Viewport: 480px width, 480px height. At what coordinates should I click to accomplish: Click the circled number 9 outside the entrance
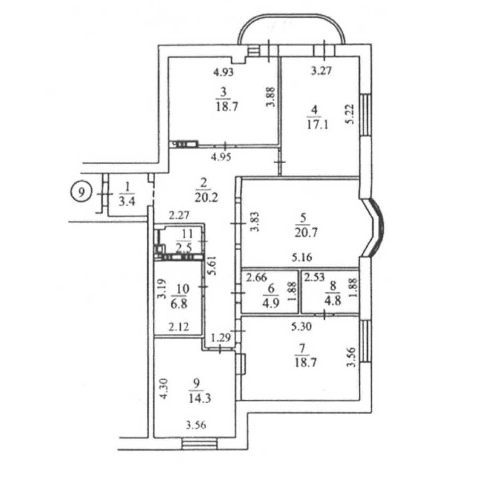coord(82,193)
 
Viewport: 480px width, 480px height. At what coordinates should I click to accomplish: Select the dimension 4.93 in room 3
coord(224,72)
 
